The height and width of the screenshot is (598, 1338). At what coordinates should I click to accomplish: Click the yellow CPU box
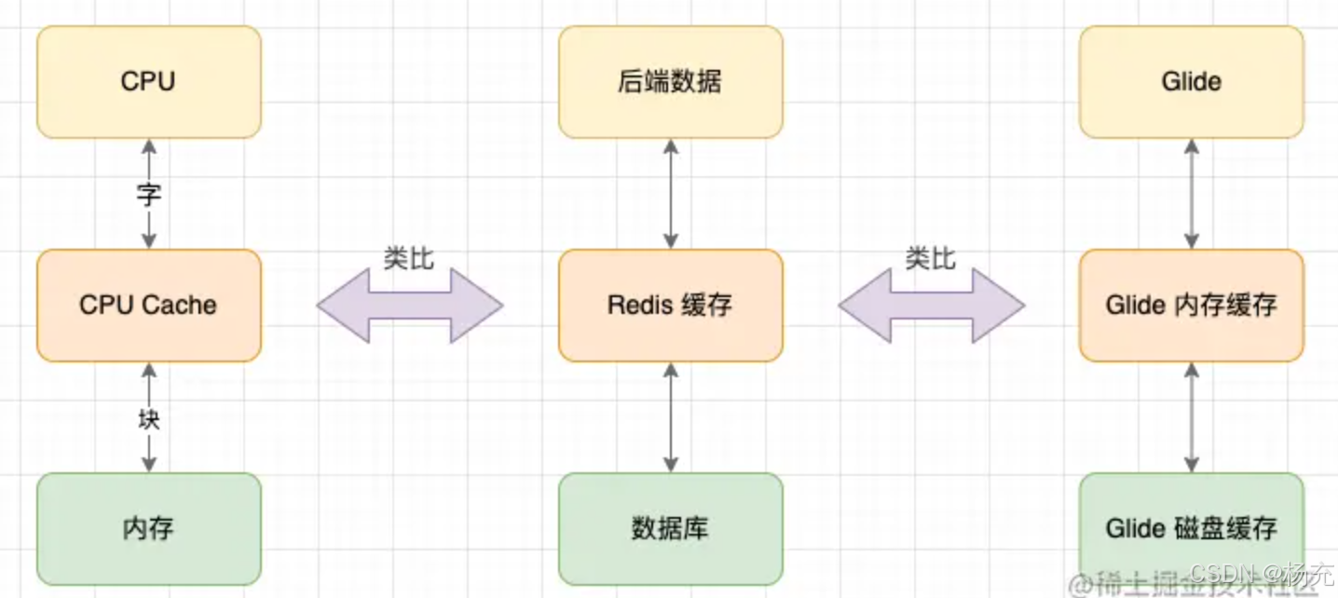pos(149,82)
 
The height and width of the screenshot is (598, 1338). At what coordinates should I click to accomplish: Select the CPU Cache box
pos(149,306)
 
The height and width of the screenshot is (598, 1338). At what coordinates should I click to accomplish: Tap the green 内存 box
pos(149,528)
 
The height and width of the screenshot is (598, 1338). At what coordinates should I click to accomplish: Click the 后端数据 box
pos(670,82)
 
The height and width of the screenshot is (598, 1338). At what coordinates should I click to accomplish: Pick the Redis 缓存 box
pos(670,306)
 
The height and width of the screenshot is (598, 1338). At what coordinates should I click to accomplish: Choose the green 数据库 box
pos(670,528)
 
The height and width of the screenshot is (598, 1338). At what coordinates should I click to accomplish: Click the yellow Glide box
pos(1191,82)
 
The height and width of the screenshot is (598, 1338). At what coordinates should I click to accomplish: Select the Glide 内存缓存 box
pos(1191,306)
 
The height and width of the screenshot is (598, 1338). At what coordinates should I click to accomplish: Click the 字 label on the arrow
pos(149,195)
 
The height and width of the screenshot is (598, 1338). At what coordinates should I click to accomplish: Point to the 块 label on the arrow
pos(149,419)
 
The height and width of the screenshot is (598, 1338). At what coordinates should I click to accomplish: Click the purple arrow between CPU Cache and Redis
pos(410,306)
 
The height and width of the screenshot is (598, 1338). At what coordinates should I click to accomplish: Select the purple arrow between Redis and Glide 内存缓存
pos(932,306)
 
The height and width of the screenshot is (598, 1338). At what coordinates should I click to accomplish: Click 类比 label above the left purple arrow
pos(409,259)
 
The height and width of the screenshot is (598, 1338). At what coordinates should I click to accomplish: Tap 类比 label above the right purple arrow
pos(931,259)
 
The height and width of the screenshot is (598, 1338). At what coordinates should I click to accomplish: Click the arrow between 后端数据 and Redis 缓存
pos(670,194)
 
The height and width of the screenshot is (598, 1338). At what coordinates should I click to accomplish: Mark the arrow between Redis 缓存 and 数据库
pos(670,417)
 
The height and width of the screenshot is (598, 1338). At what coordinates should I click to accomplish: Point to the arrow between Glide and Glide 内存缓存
pos(1191,194)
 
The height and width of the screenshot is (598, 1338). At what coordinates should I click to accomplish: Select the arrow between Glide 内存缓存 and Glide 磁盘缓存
pos(1191,417)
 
